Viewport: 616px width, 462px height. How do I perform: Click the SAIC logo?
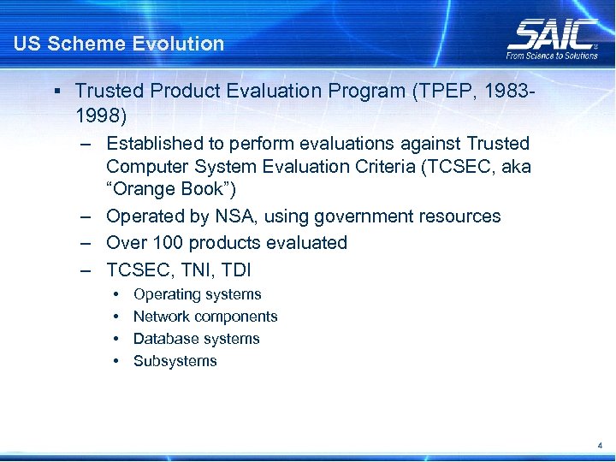[x=552, y=33]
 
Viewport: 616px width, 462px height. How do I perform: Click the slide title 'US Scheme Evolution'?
[x=119, y=44]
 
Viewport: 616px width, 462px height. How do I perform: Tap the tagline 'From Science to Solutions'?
[x=552, y=56]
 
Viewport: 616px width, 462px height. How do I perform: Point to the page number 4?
[x=601, y=446]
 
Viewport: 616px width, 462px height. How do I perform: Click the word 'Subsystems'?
[x=175, y=361]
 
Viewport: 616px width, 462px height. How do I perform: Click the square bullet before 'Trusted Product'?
[x=55, y=90]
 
